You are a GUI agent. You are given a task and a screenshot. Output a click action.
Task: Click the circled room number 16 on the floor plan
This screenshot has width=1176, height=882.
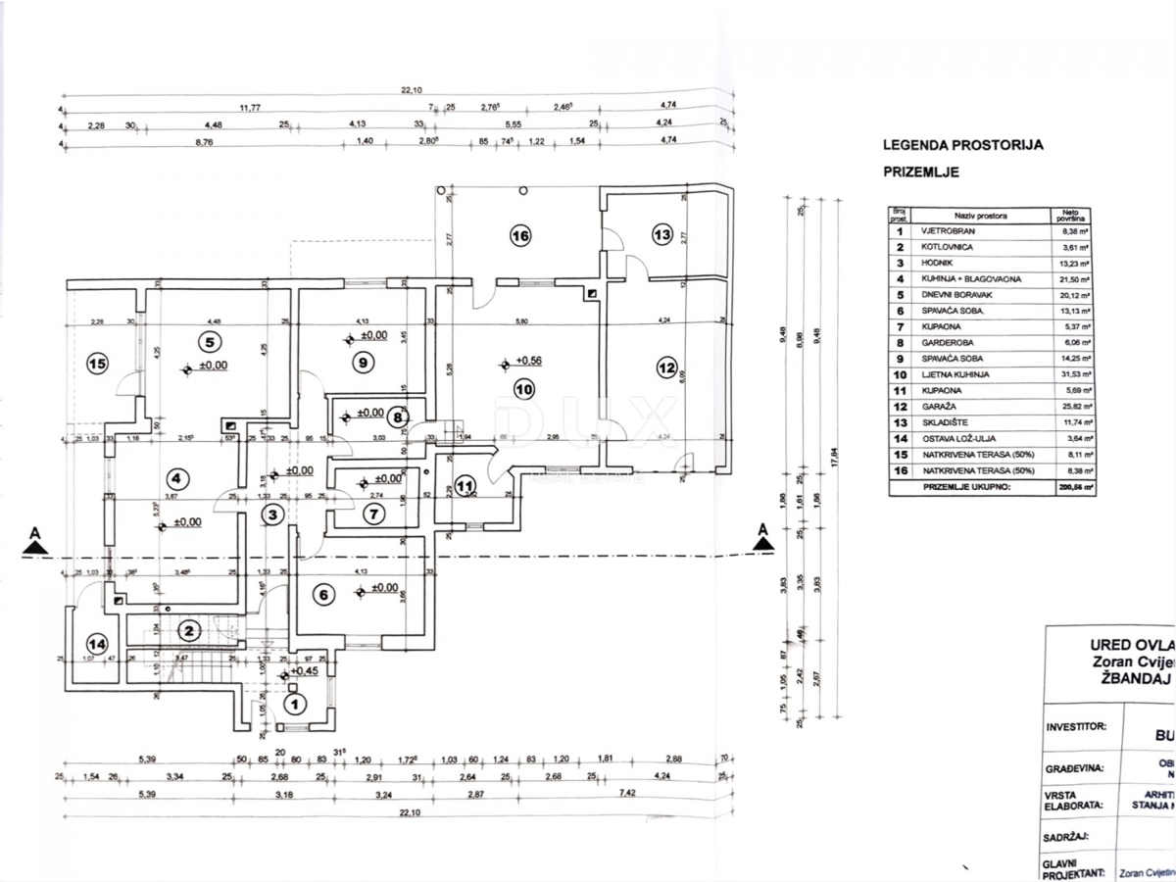point(519,234)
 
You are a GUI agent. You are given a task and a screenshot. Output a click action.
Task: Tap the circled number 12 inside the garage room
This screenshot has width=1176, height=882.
point(666,368)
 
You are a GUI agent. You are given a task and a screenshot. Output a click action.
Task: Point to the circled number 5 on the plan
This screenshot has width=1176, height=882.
point(207,342)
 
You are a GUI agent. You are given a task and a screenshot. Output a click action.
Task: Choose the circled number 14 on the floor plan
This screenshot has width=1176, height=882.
point(95,644)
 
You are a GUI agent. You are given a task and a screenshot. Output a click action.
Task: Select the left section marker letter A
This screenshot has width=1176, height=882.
point(35,533)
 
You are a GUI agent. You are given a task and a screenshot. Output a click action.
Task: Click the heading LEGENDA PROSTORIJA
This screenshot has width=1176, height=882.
point(962,145)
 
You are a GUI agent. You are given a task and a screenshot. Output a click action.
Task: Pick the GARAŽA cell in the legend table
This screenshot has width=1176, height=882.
point(941,405)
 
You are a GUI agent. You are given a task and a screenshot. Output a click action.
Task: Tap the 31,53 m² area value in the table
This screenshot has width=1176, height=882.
point(1066,374)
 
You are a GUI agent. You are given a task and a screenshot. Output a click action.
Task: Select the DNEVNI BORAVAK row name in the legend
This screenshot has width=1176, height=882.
point(957,294)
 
